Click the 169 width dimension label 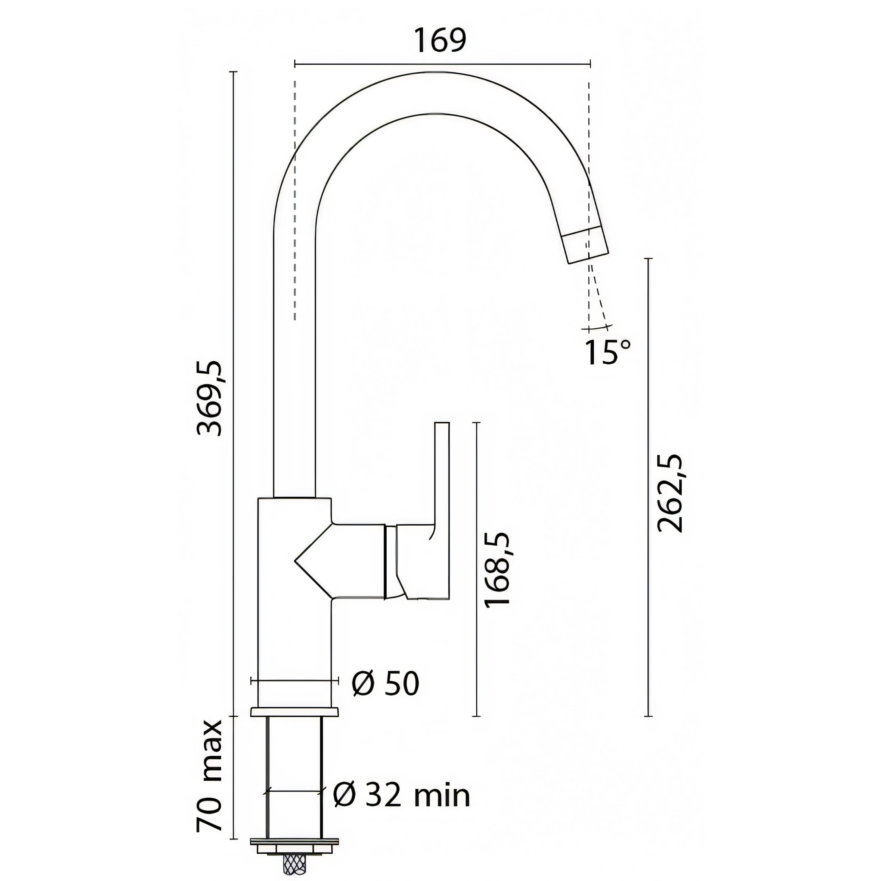(440, 41)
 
